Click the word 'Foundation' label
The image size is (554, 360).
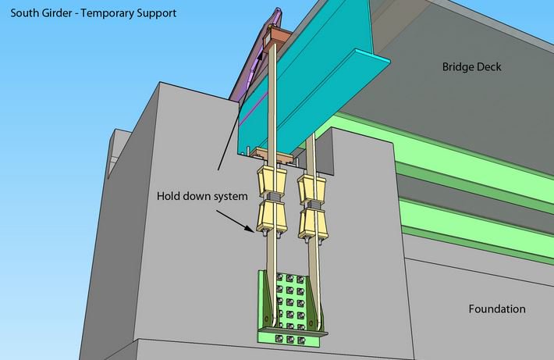[x=496, y=309]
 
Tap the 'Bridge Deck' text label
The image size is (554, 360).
[x=472, y=67]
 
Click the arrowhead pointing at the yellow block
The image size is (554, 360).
[x=252, y=228]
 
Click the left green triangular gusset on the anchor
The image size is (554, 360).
[x=268, y=305]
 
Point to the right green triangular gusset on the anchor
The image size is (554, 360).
[x=317, y=306]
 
